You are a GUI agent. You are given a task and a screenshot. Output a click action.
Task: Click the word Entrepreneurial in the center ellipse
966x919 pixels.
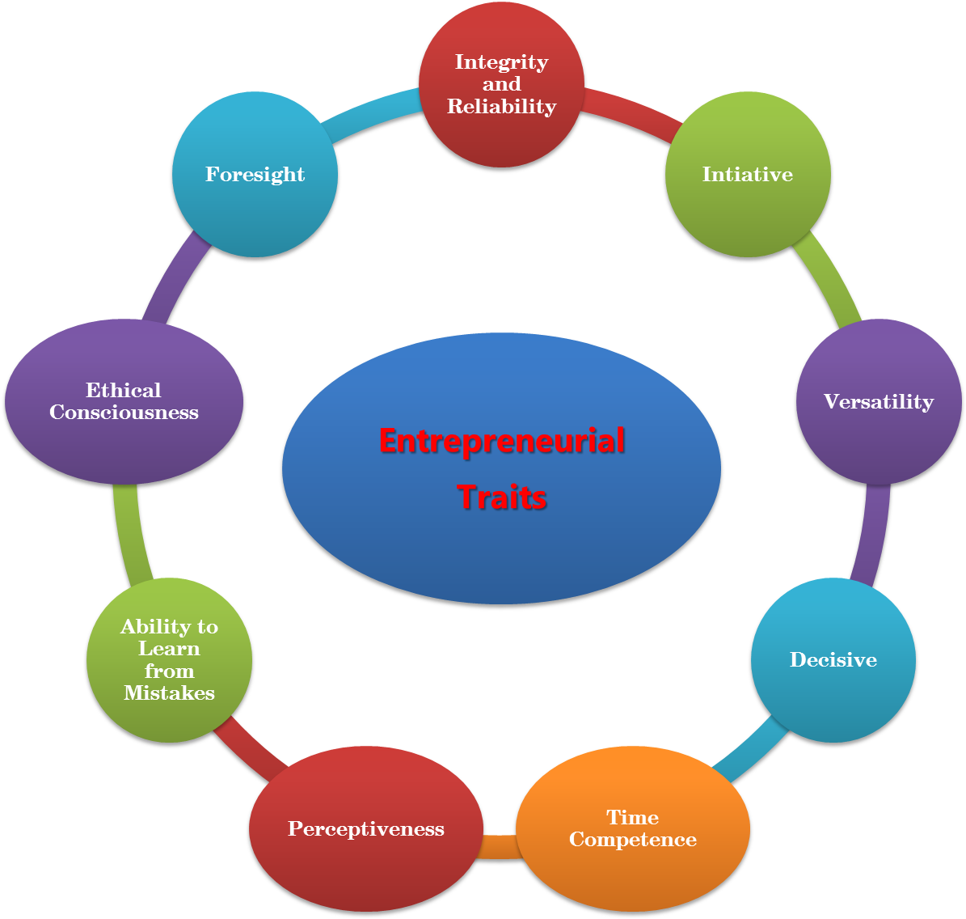(501, 442)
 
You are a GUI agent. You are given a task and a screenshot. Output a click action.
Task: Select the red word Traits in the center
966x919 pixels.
(502, 497)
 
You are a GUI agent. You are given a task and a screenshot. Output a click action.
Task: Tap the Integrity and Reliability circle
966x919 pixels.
(501, 84)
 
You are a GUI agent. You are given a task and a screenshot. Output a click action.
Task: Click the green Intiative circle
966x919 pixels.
(748, 175)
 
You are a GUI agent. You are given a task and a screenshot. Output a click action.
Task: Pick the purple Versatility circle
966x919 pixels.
(879, 402)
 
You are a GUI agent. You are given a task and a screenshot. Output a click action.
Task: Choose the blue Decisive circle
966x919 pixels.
(833, 660)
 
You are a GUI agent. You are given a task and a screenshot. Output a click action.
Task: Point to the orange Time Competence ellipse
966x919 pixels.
(633, 829)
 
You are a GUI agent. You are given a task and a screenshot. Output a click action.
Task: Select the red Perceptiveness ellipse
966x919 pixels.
(366, 829)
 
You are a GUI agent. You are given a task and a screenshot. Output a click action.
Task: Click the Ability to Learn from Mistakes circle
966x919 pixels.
(170, 660)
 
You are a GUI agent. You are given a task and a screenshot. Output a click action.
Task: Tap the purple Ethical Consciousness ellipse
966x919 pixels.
(124, 402)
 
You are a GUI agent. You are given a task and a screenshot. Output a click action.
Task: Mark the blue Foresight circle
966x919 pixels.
(255, 175)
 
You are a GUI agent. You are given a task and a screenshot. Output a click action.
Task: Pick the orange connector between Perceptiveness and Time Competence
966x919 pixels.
(499, 846)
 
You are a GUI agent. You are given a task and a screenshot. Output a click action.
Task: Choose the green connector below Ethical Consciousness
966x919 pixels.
(130, 530)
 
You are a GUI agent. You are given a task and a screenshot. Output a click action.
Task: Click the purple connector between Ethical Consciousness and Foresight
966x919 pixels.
(175, 278)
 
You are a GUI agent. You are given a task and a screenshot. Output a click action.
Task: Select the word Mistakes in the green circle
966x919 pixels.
(170, 693)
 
